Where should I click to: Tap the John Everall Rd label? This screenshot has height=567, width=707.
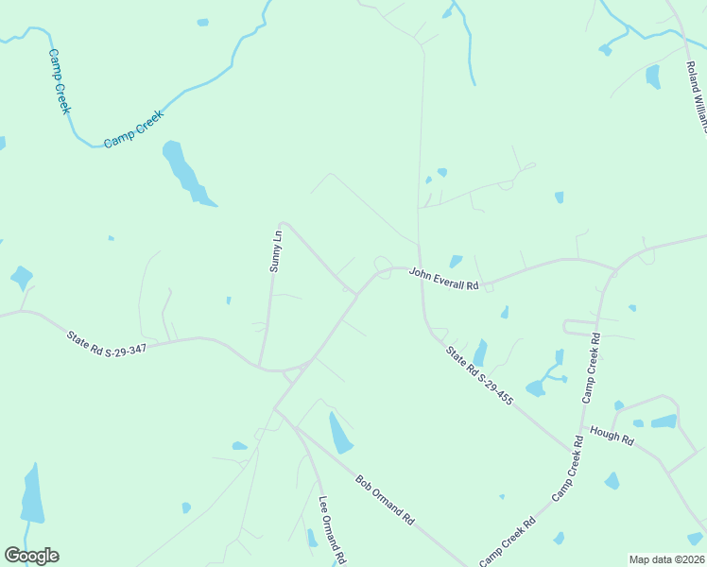click(444, 279)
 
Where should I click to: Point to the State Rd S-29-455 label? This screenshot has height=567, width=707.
click(480, 377)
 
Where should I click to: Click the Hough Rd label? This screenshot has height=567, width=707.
click(612, 435)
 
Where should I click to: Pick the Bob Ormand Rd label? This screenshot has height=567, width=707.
click(385, 500)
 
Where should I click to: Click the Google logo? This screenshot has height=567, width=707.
click(31, 556)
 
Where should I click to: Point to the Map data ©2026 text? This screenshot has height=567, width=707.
click(666, 559)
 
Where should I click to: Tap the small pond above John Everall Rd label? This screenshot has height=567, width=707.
click(457, 261)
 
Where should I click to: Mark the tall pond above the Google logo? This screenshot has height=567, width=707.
click(32, 494)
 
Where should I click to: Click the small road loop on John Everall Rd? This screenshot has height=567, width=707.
click(383, 262)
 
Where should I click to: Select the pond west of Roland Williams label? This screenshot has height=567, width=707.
click(652, 77)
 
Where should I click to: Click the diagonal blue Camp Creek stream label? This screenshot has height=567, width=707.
click(134, 129)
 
